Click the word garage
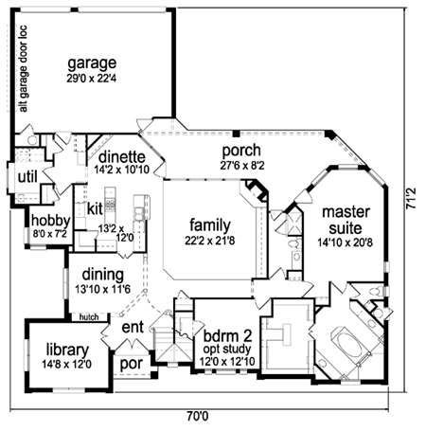click(x=92, y=64)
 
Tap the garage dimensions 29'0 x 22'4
click(x=92, y=79)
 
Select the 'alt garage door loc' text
click(x=23, y=68)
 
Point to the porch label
click(x=241, y=152)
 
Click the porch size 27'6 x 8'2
click(x=242, y=165)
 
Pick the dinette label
click(x=122, y=156)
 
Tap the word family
click(x=210, y=225)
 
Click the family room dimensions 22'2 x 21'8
click(x=210, y=241)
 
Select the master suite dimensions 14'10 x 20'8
click(x=346, y=242)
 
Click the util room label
click(x=27, y=177)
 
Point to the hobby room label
click(x=50, y=221)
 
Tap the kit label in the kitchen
click(x=95, y=208)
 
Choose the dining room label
click(x=103, y=276)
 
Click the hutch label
click(x=89, y=317)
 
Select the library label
click(x=67, y=350)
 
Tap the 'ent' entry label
click(x=133, y=328)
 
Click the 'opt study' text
click(x=227, y=350)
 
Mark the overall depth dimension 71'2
click(x=411, y=198)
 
